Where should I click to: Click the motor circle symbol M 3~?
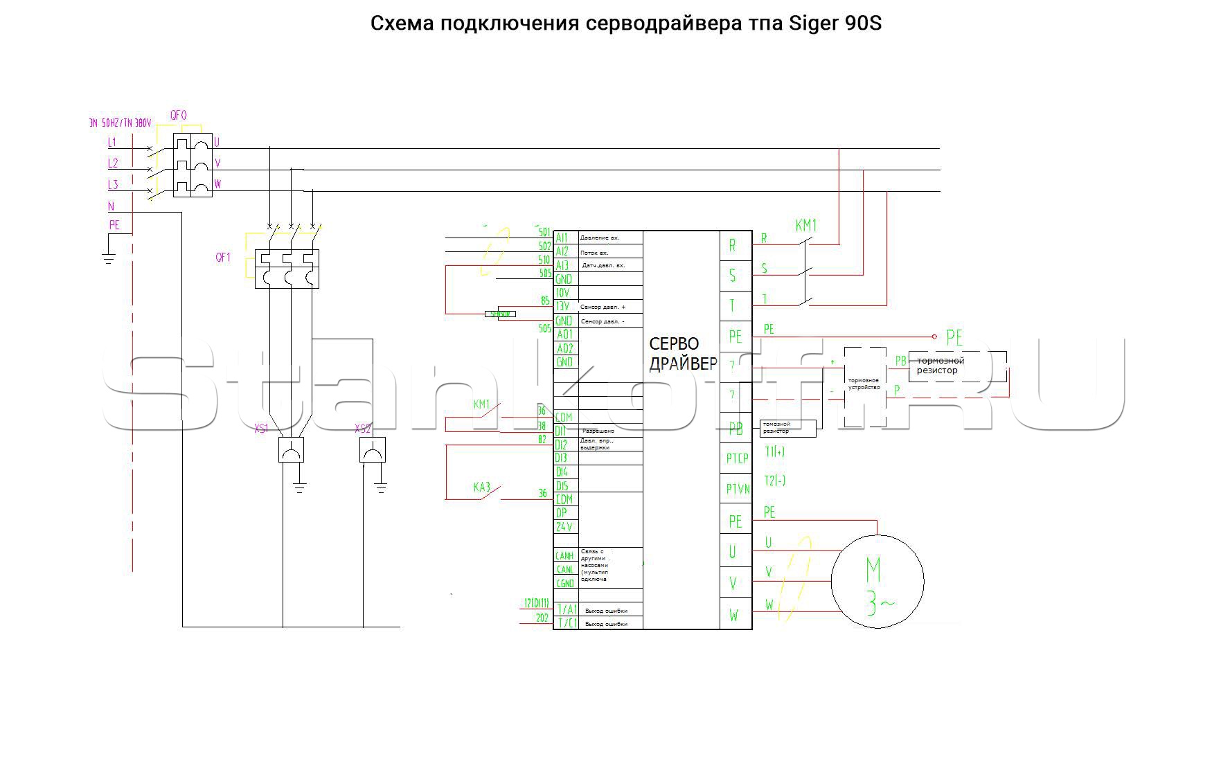pos(877,581)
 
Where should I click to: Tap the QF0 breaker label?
pos(178,116)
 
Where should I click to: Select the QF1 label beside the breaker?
pos(222,258)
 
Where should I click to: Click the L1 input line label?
pos(112,143)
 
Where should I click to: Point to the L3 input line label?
pos(112,185)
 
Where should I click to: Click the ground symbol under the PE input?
pos(109,260)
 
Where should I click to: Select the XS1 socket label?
pos(261,429)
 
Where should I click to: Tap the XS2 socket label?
pos(363,429)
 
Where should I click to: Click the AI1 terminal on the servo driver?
pos(562,238)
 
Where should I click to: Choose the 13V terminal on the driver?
pos(562,307)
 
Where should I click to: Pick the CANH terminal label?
pos(564,555)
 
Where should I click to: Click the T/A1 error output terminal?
pos(567,610)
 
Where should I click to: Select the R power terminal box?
pos(735,246)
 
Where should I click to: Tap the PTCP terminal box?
pos(736,458)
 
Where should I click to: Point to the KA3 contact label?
pos(482,487)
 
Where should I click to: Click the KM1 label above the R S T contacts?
pos(806,226)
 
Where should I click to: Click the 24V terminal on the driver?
pos(564,527)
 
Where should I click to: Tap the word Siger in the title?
pos(814,24)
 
